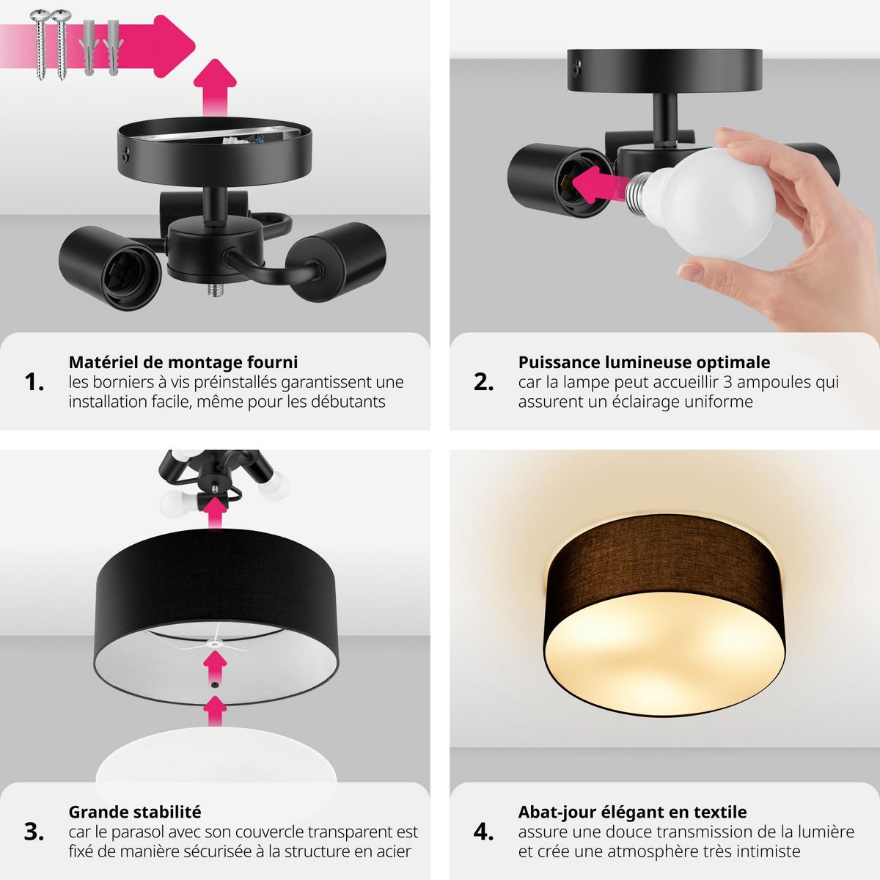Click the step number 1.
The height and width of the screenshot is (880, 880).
(34, 382)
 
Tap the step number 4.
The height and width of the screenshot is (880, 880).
(483, 832)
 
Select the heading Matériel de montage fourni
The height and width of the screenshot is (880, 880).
(183, 362)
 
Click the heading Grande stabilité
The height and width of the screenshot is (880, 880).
(134, 812)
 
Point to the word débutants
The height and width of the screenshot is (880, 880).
(348, 402)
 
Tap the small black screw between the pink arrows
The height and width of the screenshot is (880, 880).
(214, 684)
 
